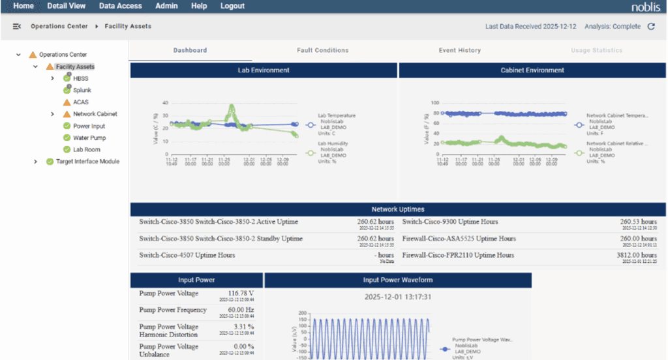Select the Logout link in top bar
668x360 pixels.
click(x=232, y=6)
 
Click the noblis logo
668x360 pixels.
click(x=645, y=7)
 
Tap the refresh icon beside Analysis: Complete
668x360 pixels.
click(x=650, y=27)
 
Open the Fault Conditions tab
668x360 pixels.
click(x=322, y=50)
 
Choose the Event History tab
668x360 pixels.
click(x=459, y=50)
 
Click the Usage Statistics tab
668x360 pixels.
click(x=596, y=50)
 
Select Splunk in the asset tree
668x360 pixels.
click(x=82, y=91)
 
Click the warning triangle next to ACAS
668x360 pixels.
click(x=67, y=102)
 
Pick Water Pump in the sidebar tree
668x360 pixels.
click(x=89, y=138)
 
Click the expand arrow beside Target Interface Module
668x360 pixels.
click(x=36, y=162)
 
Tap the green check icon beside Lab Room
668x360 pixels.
click(x=67, y=150)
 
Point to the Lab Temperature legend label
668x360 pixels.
click(x=337, y=115)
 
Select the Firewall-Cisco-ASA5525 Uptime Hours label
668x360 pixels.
click(x=459, y=239)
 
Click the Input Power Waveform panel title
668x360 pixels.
click(x=397, y=280)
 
